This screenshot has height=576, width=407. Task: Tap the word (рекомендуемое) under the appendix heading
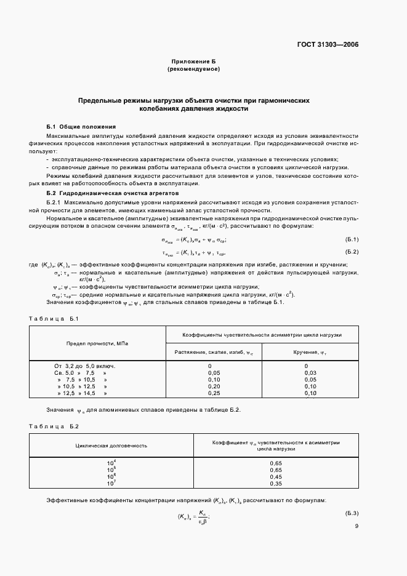coord(193,70)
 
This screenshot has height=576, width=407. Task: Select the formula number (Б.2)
coord(352,252)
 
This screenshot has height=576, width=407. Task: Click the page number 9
coord(357,526)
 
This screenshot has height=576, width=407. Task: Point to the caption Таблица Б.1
coord(55,318)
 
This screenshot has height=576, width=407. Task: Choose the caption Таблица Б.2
coord(55,426)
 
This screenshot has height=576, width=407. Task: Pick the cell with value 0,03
coord(310,373)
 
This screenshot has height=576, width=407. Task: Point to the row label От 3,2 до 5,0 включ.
coord(86,366)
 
